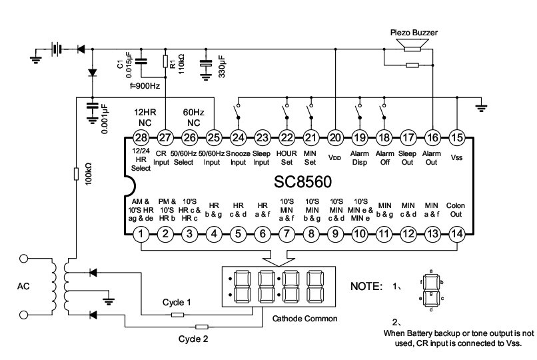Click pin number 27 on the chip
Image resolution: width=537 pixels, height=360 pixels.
[165, 138]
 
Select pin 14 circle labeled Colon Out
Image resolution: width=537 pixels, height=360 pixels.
[457, 234]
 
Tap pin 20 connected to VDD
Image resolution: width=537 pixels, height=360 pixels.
[335, 138]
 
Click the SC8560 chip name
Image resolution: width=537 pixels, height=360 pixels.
[302, 182]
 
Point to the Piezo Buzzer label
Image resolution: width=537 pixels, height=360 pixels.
[414, 33]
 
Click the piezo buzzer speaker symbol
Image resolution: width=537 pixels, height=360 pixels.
[412, 45]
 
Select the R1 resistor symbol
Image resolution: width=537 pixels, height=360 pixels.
[165, 61]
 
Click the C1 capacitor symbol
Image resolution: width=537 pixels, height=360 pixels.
[141, 61]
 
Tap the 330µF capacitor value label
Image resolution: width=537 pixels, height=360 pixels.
[222, 67]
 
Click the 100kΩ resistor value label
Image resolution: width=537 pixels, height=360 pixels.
[89, 174]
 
